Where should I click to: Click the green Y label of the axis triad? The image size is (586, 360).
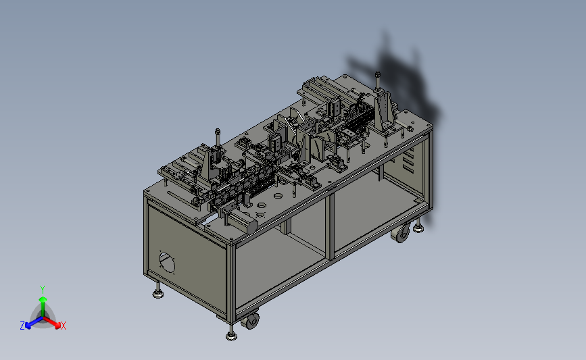pos(43,290)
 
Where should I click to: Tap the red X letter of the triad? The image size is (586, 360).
pos(64,326)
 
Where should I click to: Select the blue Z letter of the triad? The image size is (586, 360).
pos(22,326)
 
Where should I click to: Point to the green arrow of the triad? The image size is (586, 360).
pos(43,307)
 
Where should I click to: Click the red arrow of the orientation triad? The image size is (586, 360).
pos(52,322)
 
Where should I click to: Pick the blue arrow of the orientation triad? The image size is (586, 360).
pos(34,322)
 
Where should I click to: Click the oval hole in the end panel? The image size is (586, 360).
pos(167,263)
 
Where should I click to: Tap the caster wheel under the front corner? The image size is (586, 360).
pos(250,321)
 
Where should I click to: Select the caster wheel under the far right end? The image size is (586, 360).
pos(401,234)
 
